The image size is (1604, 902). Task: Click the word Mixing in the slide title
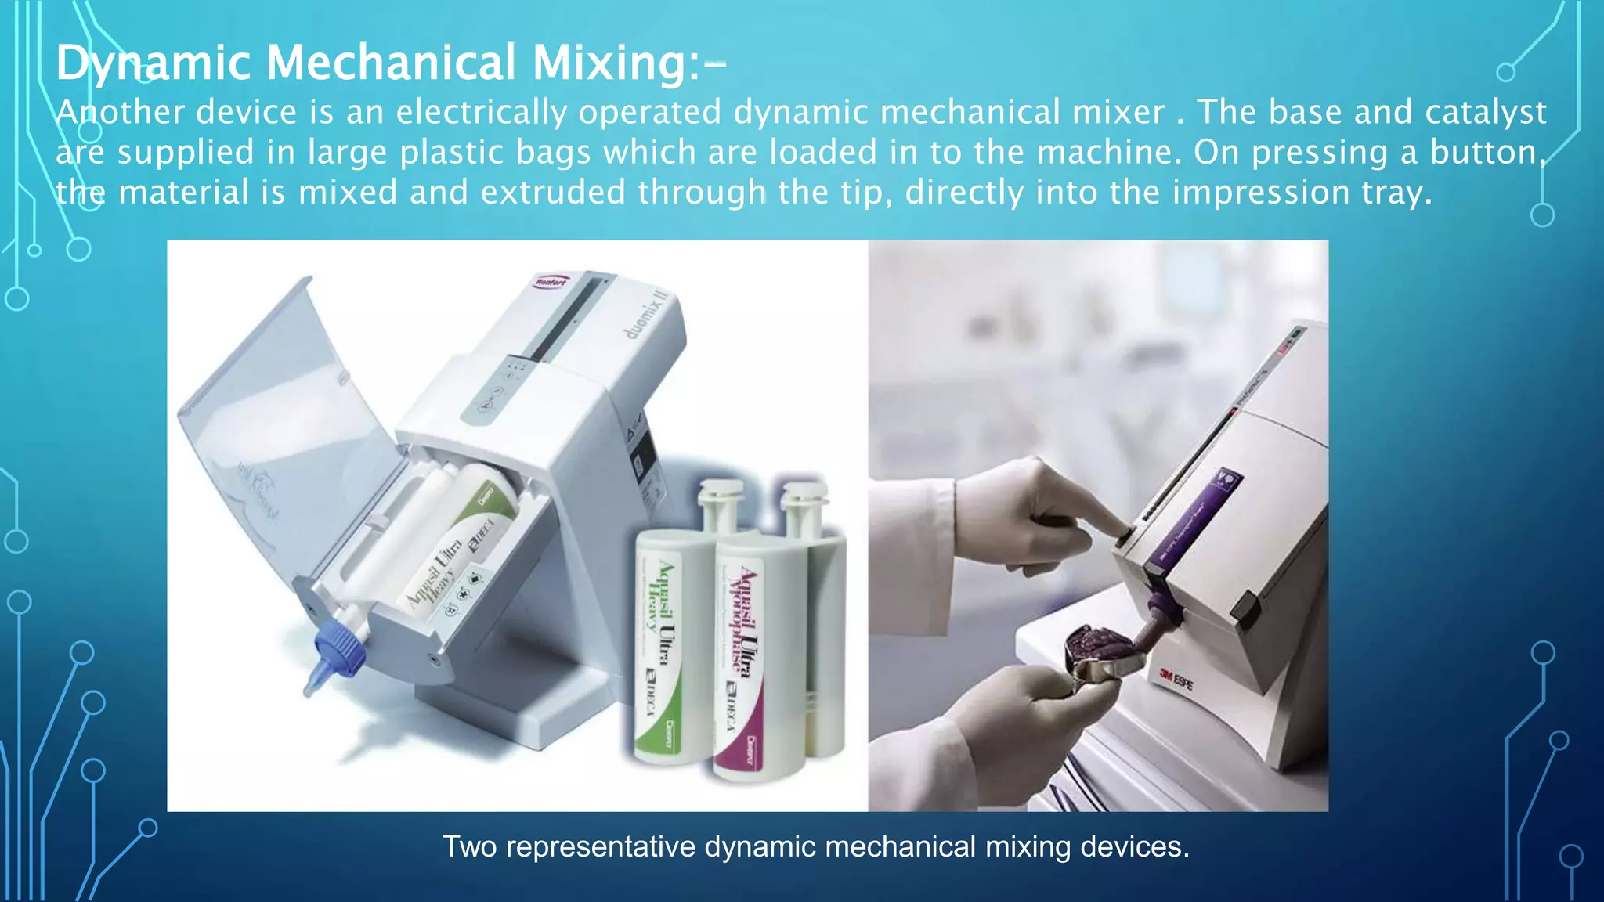[x=610, y=63]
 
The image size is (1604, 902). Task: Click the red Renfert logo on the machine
[x=551, y=282]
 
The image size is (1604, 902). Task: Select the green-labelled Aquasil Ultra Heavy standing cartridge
[x=658, y=642]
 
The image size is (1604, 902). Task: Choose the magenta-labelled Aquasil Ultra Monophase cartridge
[x=740, y=650]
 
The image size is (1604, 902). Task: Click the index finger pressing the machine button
[x=1096, y=521]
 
